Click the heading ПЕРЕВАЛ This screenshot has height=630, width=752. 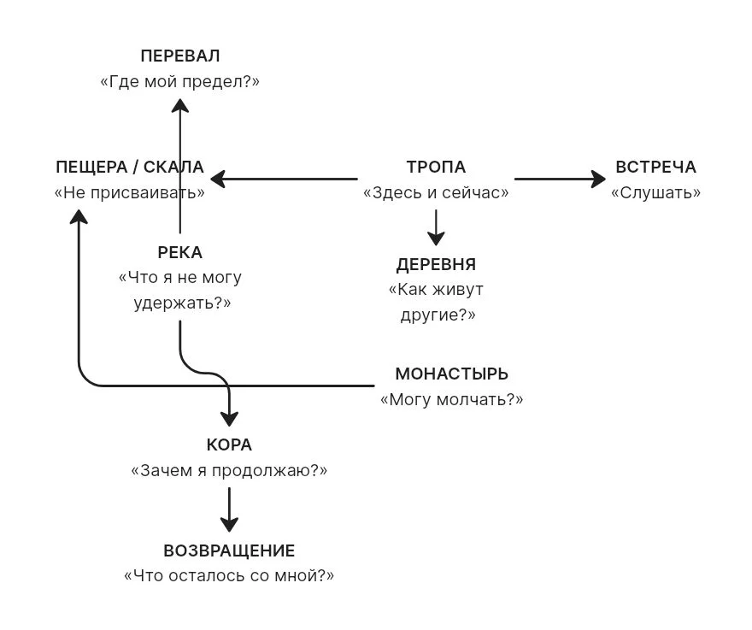click(180, 56)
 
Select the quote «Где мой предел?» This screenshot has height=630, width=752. click(179, 81)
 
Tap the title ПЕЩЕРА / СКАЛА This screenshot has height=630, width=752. click(130, 167)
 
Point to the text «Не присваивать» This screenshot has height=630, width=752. click(130, 192)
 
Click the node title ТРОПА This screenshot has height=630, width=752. click(436, 167)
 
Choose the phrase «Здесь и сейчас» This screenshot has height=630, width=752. click(436, 192)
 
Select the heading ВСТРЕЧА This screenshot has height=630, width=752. click(655, 167)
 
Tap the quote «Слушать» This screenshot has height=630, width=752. click(655, 192)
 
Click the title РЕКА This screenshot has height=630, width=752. click(179, 252)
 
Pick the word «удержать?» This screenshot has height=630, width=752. click(182, 303)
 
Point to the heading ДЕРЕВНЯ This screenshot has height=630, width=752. click(436, 264)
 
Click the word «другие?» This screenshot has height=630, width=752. click(438, 315)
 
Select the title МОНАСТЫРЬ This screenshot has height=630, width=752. click(452, 374)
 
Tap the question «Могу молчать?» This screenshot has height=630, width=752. click(452, 399)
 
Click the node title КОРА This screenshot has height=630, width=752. click(229, 445)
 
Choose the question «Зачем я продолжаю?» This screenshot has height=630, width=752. click(229, 470)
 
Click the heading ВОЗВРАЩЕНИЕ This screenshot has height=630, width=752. click(229, 551)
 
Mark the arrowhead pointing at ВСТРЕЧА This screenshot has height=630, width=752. click(598, 179)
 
